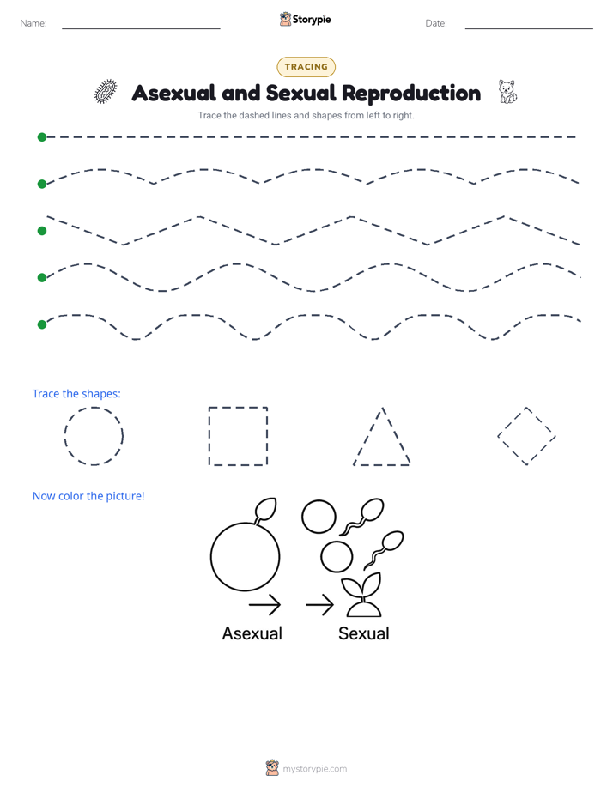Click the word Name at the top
[x=33, y=23]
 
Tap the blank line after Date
[x=529, y=28]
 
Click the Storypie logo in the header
[x=306, y=19]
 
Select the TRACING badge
[x=306, y=67]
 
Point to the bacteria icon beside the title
[x=106, y=92]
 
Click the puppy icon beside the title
[x=507, y=92]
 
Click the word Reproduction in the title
[x=411, y=93]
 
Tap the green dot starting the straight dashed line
[x=42, y=137]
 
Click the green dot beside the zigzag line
[x=42, y=231]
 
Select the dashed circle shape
[x=65, y=436]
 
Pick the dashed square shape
[x=209, y=436]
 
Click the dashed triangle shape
[x=368, y=436]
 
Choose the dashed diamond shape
[x=512, y=421]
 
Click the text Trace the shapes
[x=76, y=393]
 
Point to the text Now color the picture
[x=88, y=496]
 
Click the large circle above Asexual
[x=211, y=556]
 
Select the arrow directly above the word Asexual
[x=264, y=604]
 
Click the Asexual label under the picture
[x=252, y=633]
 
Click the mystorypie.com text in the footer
[x=314, y=769]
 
